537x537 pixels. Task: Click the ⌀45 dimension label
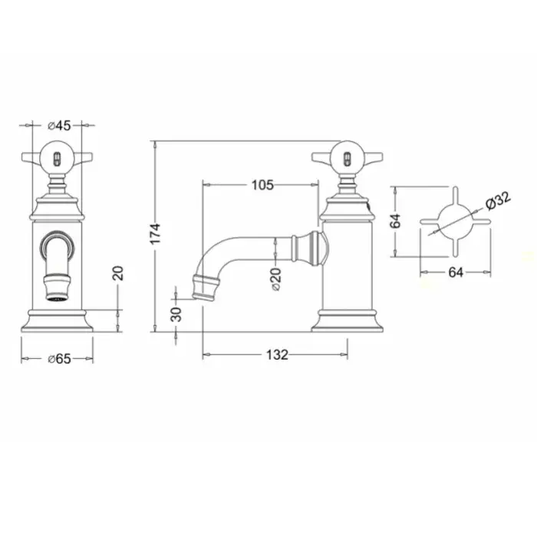click(x=59, y=126)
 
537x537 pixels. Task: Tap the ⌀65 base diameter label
click(x=59, y=359)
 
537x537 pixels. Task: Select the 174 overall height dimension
click(x=156, y=233)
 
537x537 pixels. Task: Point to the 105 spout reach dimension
click(x=262, y=185)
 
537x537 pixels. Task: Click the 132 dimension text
click(x=277, y=354)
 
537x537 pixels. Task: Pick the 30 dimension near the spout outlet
click(x=176, y=315)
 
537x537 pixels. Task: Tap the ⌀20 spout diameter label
click(x=276, y=279)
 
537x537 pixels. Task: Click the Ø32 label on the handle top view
click(x=498, y=201)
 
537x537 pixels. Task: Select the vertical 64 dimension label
click(x=396, y=221)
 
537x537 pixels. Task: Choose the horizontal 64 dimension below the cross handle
click(x=456, y=272)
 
